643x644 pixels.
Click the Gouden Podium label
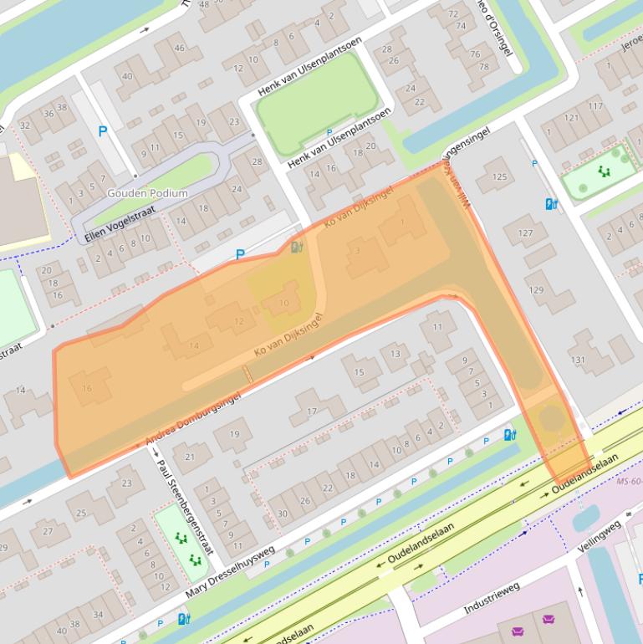147,193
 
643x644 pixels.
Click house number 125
499,176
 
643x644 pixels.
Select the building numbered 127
525,233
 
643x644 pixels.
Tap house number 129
536,289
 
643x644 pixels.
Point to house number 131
578,360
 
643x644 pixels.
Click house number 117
595,106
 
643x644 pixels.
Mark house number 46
179,49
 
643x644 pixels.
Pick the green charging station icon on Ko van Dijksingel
296,247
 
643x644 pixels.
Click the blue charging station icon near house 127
551,204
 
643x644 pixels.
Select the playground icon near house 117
604,171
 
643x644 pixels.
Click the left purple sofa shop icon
518,620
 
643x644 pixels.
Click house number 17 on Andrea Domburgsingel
312,411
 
